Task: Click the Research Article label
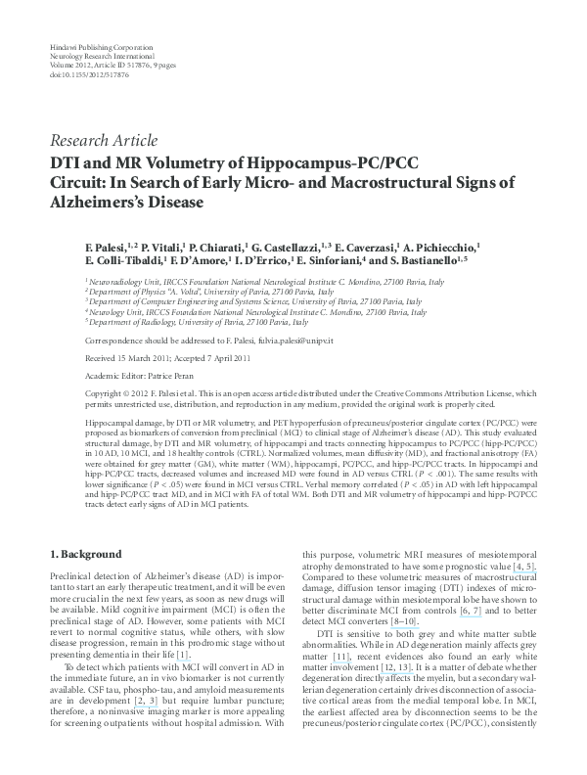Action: (x=104, y=140)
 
